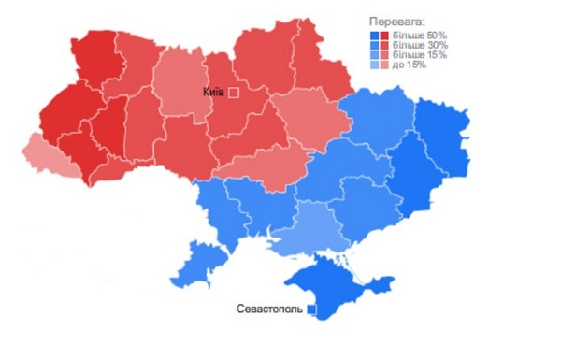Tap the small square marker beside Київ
pyautogui.click(x=234, y=93)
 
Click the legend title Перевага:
pyautogui.click(x=396, y=21)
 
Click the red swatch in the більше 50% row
pyautogui.click(x=384, y=35)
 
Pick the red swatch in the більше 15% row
pyautogui.click(x=384, y=55)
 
